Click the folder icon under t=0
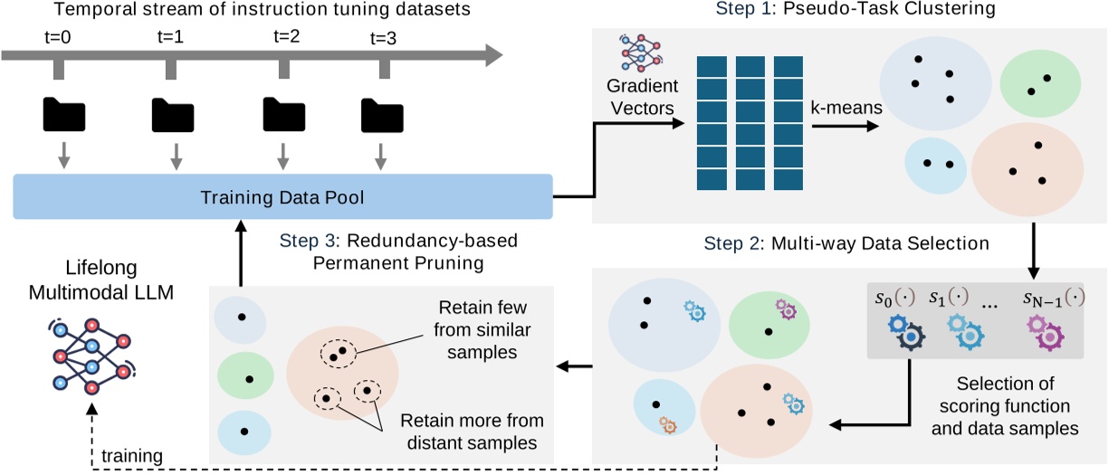pyautogui.click(x=62, y=115)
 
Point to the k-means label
pyautogui.click(x=847, y=109)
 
